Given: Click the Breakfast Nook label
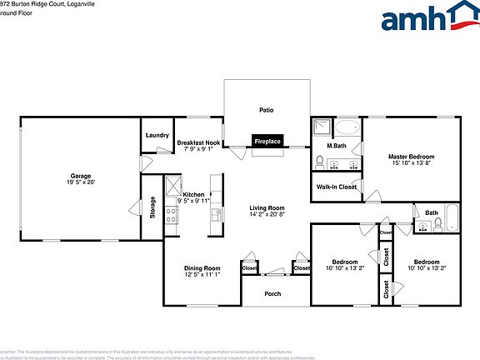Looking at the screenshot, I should tap(198, 143).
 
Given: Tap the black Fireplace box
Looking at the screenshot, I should tap(267, 141).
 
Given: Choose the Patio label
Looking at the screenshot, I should tap(267, 109).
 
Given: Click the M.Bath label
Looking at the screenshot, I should tap(337, 147).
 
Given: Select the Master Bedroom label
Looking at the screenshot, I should tap(411, 156).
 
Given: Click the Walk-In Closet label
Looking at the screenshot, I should tap(337, 187).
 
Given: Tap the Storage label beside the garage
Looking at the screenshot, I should tap(152, 207).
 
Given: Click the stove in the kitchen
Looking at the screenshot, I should tap(170, 216).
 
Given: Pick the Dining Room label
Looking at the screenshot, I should tap(202, 267).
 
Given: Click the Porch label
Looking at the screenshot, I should tap(272, 293).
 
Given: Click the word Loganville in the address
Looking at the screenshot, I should tap(69, 4).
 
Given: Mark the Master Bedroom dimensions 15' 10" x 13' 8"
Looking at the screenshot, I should tap(411, 163).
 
